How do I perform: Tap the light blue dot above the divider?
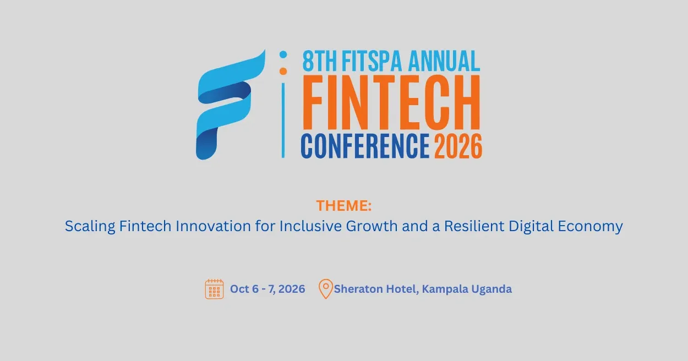click(283, 54)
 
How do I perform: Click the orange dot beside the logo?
click(283, 71)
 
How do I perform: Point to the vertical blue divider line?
click(283, 121)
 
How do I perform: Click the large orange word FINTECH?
click(391, 102)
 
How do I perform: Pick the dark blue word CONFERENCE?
click(365, 146)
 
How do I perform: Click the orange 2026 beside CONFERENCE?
click(458, 146)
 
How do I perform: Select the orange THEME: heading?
click(344, 205)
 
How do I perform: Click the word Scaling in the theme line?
click(90, 227)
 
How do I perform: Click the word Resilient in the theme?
click(474, 226)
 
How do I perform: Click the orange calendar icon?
click(215, 289)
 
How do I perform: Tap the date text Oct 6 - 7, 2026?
click(267, 289)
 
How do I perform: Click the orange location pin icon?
click(326, 289)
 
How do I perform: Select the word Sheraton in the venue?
click(358, 289)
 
